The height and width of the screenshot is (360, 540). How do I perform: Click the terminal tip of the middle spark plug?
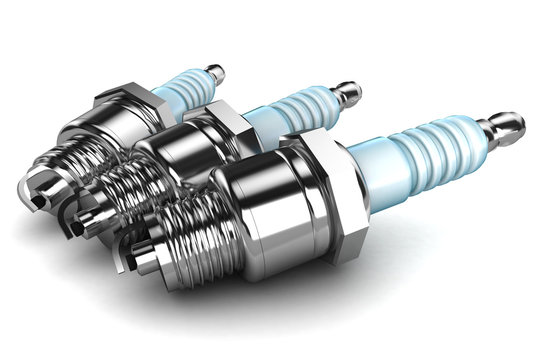point(346,94)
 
